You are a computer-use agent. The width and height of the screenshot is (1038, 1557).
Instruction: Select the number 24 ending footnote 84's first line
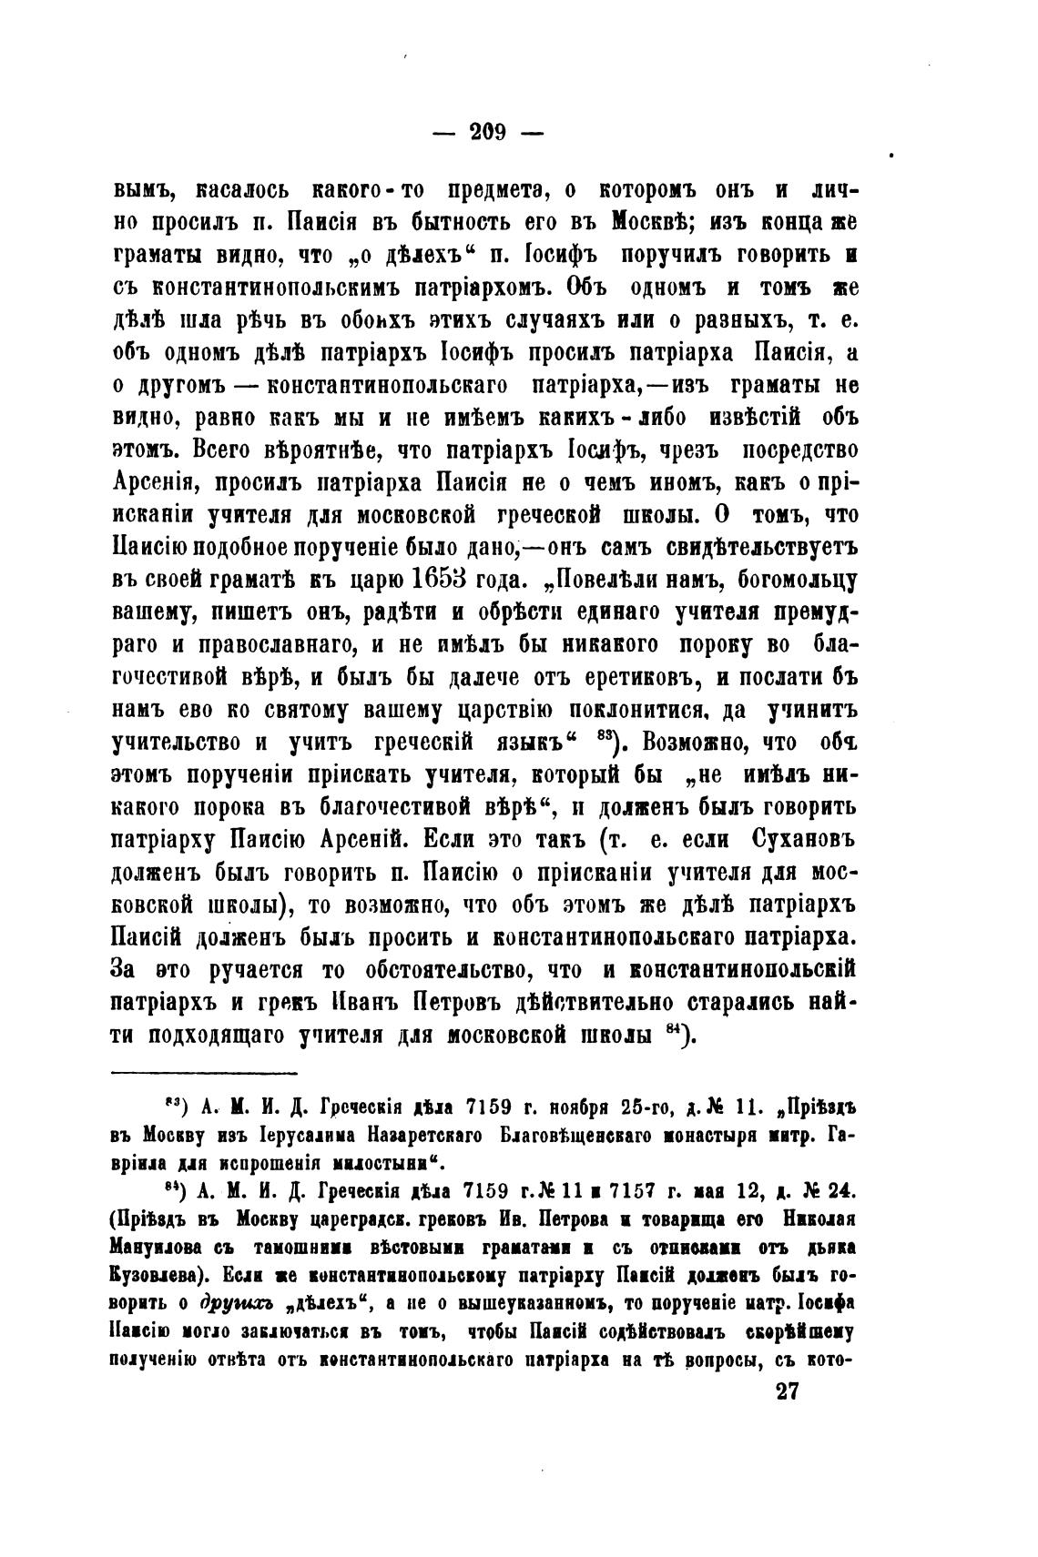(x=832, y=1191)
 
